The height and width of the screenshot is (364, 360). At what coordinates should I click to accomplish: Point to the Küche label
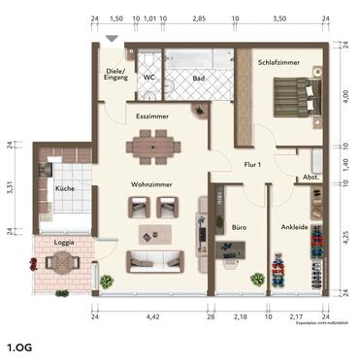pyautogui.click(x=66, y=189)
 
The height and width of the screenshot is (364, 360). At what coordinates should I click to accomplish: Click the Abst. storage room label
pyautogui.click(x=311, y=178)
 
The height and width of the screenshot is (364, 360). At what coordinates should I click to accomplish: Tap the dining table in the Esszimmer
pyautogui.click(x=154, y=148)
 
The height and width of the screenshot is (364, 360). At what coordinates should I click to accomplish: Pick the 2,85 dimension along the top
pyautogui.click(x=199, y=18)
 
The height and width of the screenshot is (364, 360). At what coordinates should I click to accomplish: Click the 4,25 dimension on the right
pyautogui.click(x=346, y=233)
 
